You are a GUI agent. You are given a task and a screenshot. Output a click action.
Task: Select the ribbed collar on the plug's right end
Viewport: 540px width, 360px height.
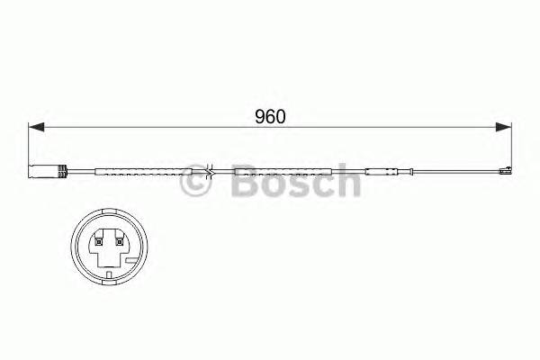(64, 171)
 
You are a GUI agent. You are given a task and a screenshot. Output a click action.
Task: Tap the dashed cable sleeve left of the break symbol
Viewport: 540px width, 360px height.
(144, 171)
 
